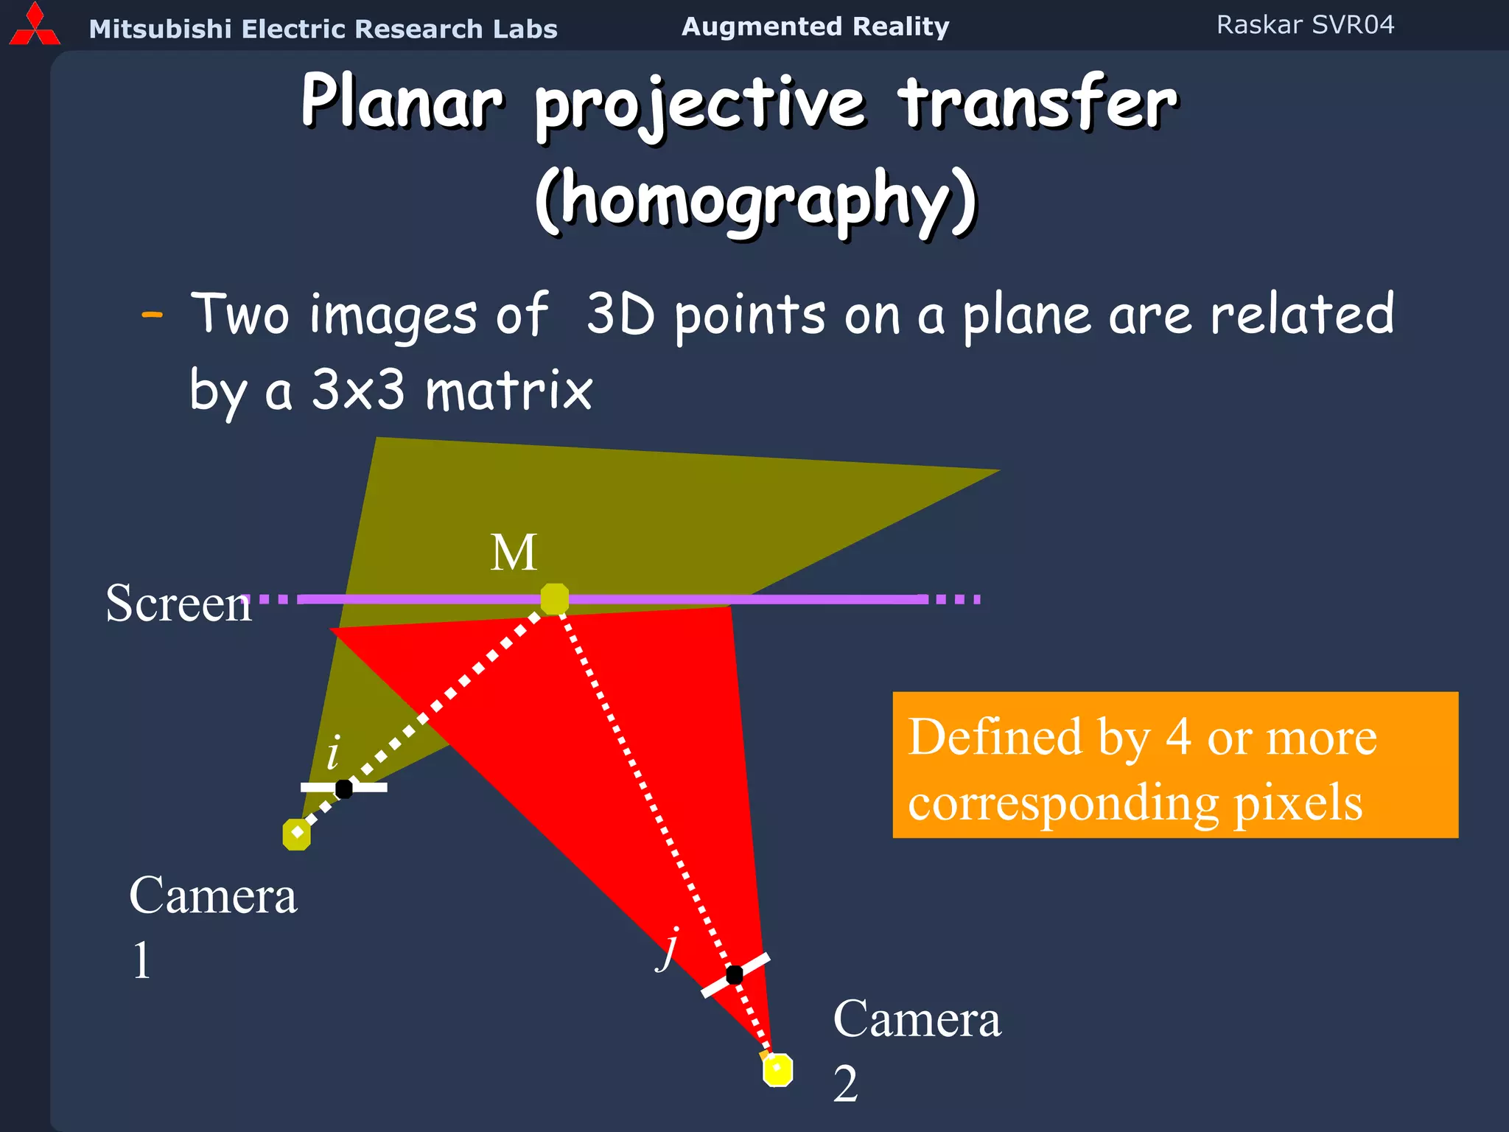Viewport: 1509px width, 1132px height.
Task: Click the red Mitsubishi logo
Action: [34, 26]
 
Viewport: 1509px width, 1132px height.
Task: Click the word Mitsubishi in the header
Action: [160, 29]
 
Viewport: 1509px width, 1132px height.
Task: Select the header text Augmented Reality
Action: [815, 27]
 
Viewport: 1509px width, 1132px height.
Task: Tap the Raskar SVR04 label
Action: [1305, 25]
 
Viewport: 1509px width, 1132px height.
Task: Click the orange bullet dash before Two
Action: [152, 315]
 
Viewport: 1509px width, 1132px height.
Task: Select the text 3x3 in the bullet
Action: [358, 391]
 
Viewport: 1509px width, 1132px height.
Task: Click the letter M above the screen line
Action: [514, 553]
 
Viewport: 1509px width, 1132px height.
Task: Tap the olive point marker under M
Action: [554, 598]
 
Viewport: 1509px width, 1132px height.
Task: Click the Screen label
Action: [179, 604]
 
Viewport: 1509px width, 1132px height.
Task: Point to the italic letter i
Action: [333, 753]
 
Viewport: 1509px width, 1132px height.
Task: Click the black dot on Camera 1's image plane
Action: [343, 789]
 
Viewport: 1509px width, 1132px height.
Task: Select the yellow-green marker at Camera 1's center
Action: [296, 834]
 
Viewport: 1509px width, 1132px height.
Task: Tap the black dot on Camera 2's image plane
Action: [734, 974]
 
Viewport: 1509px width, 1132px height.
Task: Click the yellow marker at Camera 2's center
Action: [777, 1069]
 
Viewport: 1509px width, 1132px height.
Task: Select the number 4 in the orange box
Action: [1178, 737]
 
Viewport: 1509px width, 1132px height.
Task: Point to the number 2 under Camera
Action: [846, 1084]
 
